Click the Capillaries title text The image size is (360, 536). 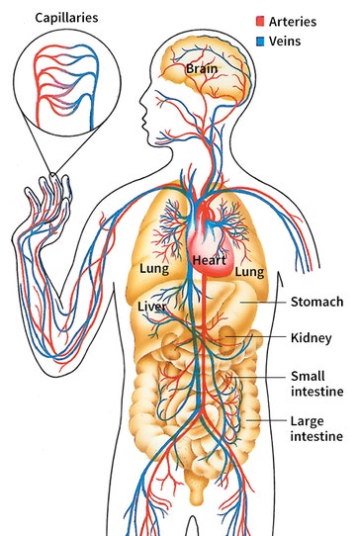[66, 18]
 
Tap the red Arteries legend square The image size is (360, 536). [260, 21]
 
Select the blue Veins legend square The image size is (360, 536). [260, 41]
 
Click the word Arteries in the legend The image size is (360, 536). [293, 22]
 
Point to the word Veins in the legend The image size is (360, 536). [285, 41]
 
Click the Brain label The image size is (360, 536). [202, 68]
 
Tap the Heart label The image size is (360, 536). [210, 260]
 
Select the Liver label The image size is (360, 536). [152, 307]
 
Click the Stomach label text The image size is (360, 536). [316, 302]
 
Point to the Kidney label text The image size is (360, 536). [312, 338]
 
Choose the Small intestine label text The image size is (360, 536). [316, 384]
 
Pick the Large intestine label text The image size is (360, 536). [316, 428]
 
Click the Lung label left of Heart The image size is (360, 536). [154, 269]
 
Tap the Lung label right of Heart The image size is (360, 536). [249, 272]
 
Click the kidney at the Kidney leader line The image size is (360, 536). [226, 339]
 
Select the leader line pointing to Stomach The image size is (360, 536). [262, 303]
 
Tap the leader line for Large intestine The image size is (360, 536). [266, 420]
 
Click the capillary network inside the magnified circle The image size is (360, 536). [66, 85]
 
